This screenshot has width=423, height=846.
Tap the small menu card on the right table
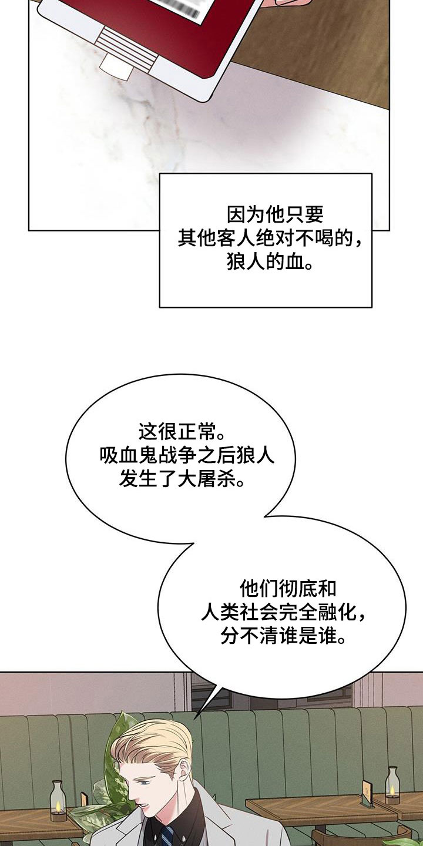[368, 794]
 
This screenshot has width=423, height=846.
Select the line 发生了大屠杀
[182, 480]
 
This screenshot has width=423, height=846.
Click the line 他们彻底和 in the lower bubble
[288, 587]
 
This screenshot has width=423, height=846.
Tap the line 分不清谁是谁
[283, 636]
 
